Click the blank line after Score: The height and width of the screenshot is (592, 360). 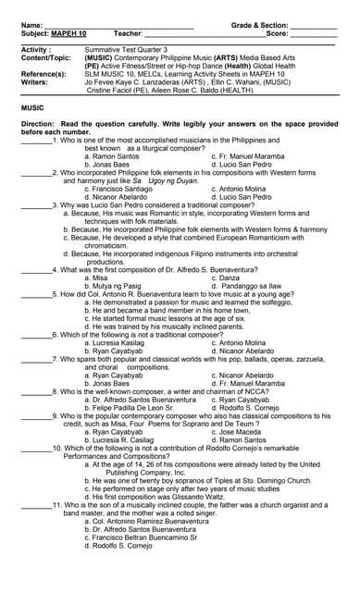click(x=314, y=33)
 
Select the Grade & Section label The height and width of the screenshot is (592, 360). click(x=259, y=25)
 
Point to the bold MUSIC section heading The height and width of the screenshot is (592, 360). click(x=32, y=108)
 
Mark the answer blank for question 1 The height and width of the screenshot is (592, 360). click(x=36, y=140)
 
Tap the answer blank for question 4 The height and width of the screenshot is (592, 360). click(x=36, y=269)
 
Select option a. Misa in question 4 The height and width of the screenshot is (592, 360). click(x=96, y=277)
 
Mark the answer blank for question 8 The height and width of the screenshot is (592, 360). click(x=36, y=391)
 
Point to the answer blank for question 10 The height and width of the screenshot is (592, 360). click(x=36, y=448)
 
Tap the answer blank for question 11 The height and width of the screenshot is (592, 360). click(x=36, y=505)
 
